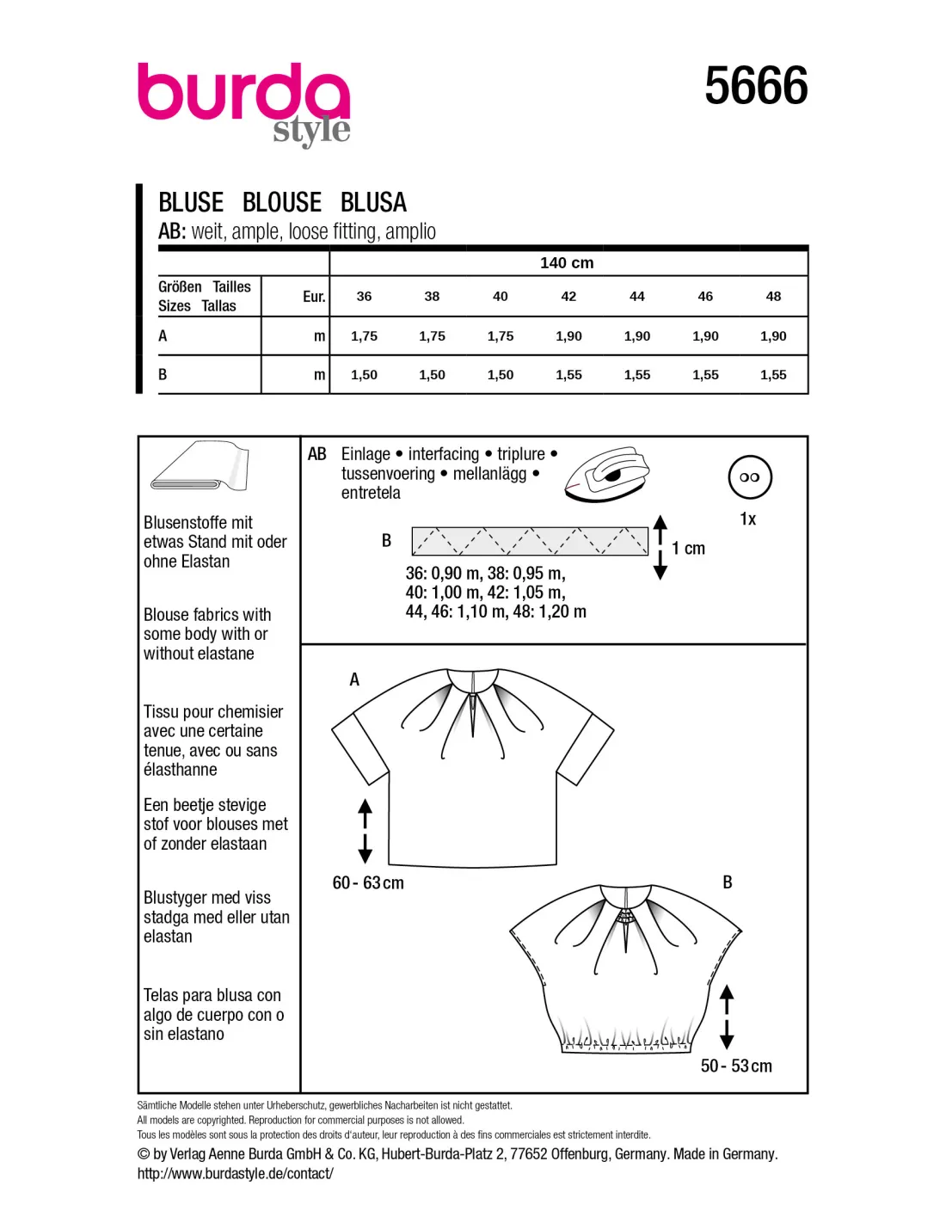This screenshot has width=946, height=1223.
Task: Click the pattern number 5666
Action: pos(756,86)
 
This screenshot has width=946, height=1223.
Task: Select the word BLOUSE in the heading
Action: pos(282,203)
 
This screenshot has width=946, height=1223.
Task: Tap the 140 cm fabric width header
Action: pos(567,263)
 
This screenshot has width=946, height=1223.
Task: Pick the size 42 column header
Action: pos(568,297)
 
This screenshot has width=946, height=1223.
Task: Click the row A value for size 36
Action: pos(364,336)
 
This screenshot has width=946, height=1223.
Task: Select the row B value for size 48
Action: pos(773,375)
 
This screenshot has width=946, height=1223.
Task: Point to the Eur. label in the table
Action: pos(314,297)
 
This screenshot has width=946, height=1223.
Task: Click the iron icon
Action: pos(606,473)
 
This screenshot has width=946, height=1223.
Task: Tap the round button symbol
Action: pos(750,477)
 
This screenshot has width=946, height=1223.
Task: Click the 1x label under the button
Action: pos(748,519)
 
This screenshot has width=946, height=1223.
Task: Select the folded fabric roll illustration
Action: pos(200,469)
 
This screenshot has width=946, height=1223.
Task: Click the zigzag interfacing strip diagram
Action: pos(530,541)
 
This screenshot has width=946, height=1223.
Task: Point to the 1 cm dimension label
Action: pos(688,549)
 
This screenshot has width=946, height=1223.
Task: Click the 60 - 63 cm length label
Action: pos(368,883)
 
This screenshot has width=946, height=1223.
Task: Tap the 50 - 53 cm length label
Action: pos(736,1066)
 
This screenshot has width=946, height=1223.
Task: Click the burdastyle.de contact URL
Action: pos(235,1174)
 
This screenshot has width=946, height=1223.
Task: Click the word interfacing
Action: pos(443,454)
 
